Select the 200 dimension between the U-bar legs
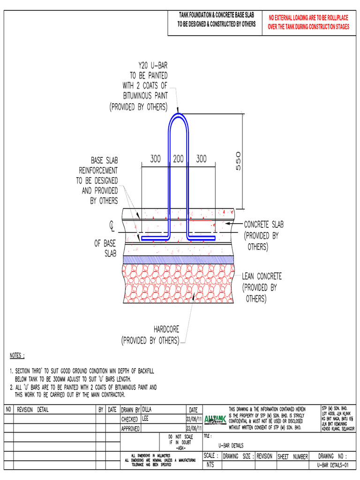[178, 159]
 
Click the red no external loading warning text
[308, 22]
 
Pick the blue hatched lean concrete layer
[178, 259]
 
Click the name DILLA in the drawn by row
[147, 409]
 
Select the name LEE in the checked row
[145, 419]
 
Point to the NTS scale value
[210, 465]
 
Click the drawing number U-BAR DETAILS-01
[333, 465]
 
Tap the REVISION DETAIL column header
[32, 410]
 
